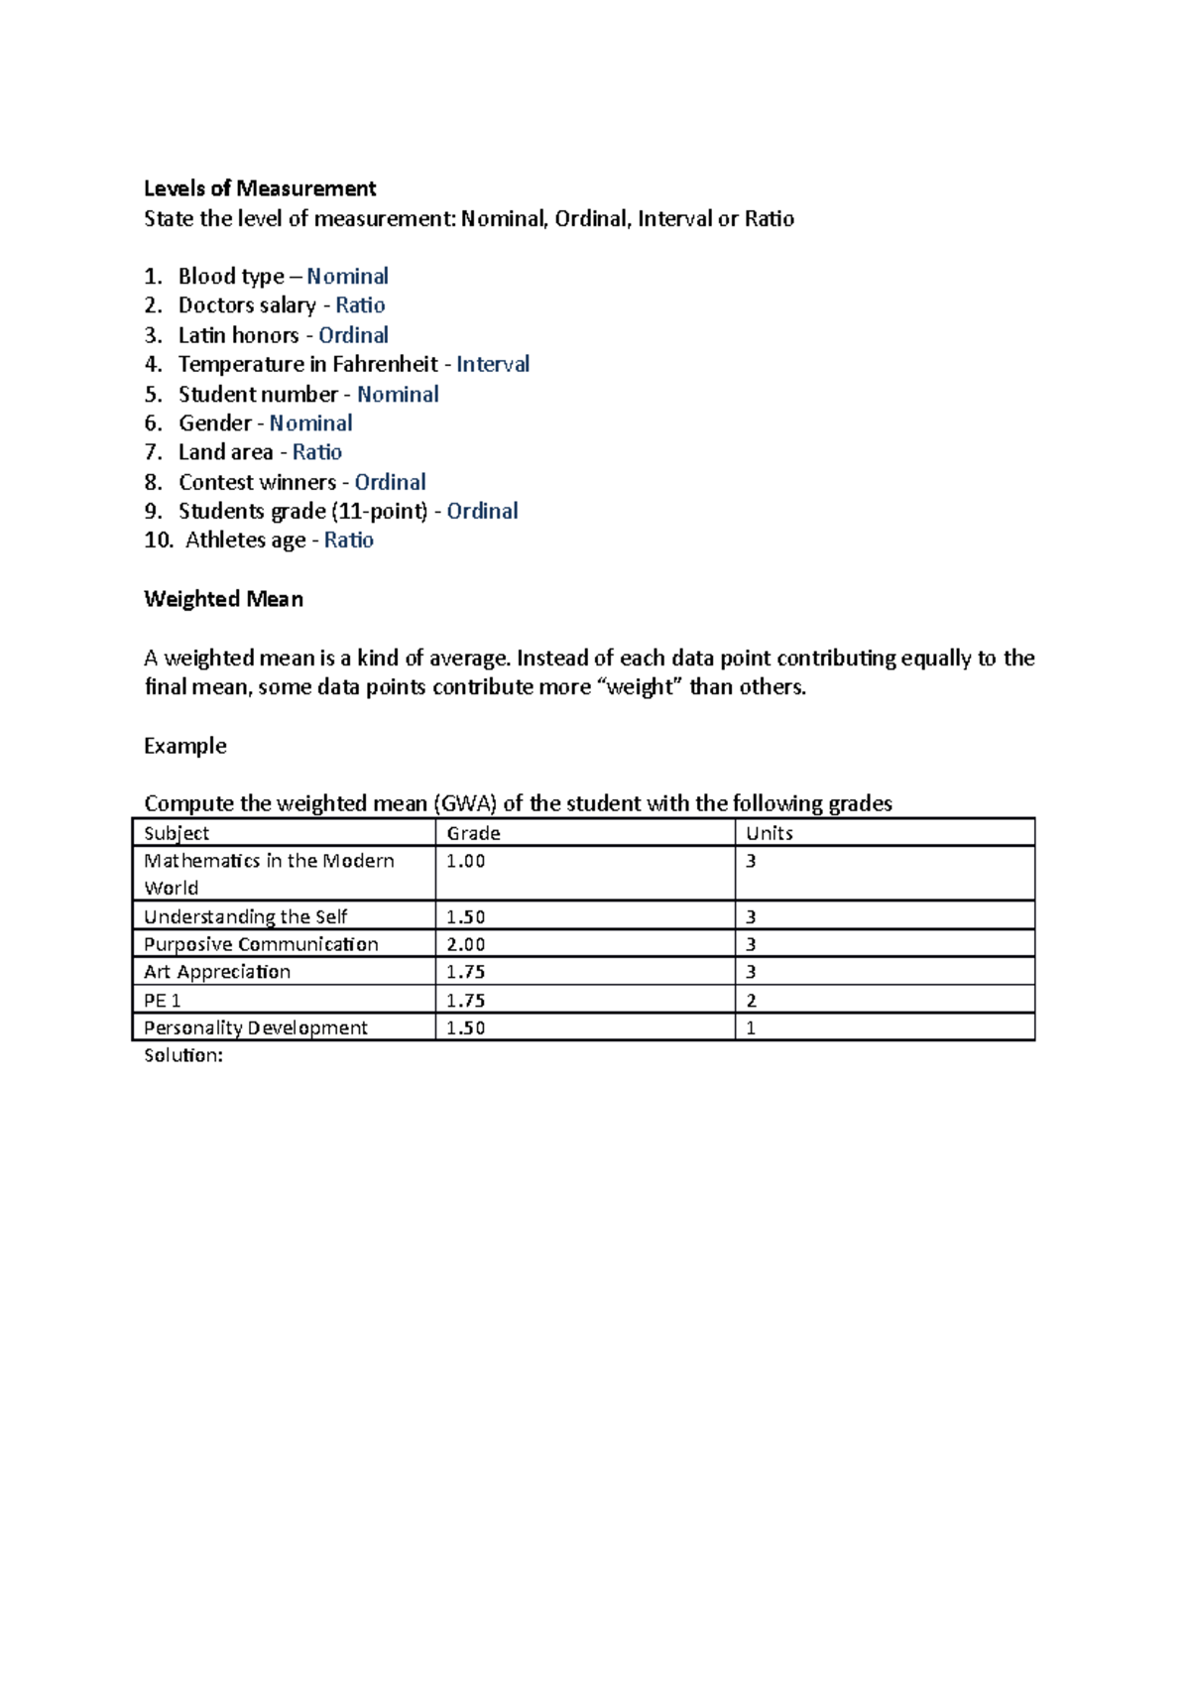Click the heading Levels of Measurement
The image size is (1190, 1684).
pyautogui.click(x=260, y=188)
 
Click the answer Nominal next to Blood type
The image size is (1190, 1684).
pyautogui.click(x=347, y=276)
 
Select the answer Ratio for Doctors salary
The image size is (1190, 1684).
pyautogui.click(x=360, y=305)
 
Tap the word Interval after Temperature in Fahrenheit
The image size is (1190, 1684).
pyautogui.click(x=493, y=364)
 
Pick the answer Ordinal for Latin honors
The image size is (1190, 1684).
pyautogui.click(x=353, y=335)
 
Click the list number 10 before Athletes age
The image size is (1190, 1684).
pyautogui.click(x=158, y=541)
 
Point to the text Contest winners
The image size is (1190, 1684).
pyautogui.click(x=257, y=482)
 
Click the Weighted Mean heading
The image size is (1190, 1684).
pyautogui.click(x=223, y=599)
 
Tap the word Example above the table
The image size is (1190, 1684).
pyautogui.click(x=184, y=746)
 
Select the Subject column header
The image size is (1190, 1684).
pyautogui.click(x=177, y=833)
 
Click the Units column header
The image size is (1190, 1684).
pyautogui.click(x=769, y=833)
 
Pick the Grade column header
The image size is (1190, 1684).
pyautogui.click(x=473, y=833)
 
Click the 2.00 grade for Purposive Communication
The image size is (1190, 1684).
pyautogui.click(x=465, y=944)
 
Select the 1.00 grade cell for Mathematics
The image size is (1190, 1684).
pyautogui.click(x=465, y=861)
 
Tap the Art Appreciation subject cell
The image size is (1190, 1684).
pyautogui.click(x=217, y=972)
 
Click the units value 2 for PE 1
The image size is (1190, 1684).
pyautogui.click(x=751, y=1001)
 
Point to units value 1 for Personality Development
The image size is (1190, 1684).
pyautogui.click(x=751, y=1028)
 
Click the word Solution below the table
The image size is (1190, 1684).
pyautogui.click(x=182, y=1055)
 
